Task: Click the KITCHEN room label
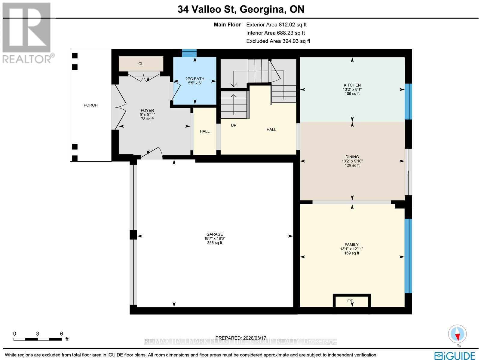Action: pos(352,85)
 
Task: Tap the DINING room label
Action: pos(352,157)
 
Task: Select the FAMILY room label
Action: pos(351,245)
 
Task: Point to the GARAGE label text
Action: pos(214,234)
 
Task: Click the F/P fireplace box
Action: pos(351,301)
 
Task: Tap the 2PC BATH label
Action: pos(195,79)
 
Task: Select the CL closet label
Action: pos(141,64)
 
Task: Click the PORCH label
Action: pos(90,105)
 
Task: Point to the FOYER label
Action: pos(147,111)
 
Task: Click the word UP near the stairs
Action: pos(234,125)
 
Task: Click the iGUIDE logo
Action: pos(454,356)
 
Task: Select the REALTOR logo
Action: pos(28,33)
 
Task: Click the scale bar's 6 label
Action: pos(61,334)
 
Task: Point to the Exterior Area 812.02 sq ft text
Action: pos(276,25)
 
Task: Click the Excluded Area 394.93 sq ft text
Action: pos(278,41)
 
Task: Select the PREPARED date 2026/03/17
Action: pos(240,338)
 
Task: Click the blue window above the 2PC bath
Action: pos(189,53)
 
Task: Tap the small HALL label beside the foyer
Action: pos(205,131)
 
